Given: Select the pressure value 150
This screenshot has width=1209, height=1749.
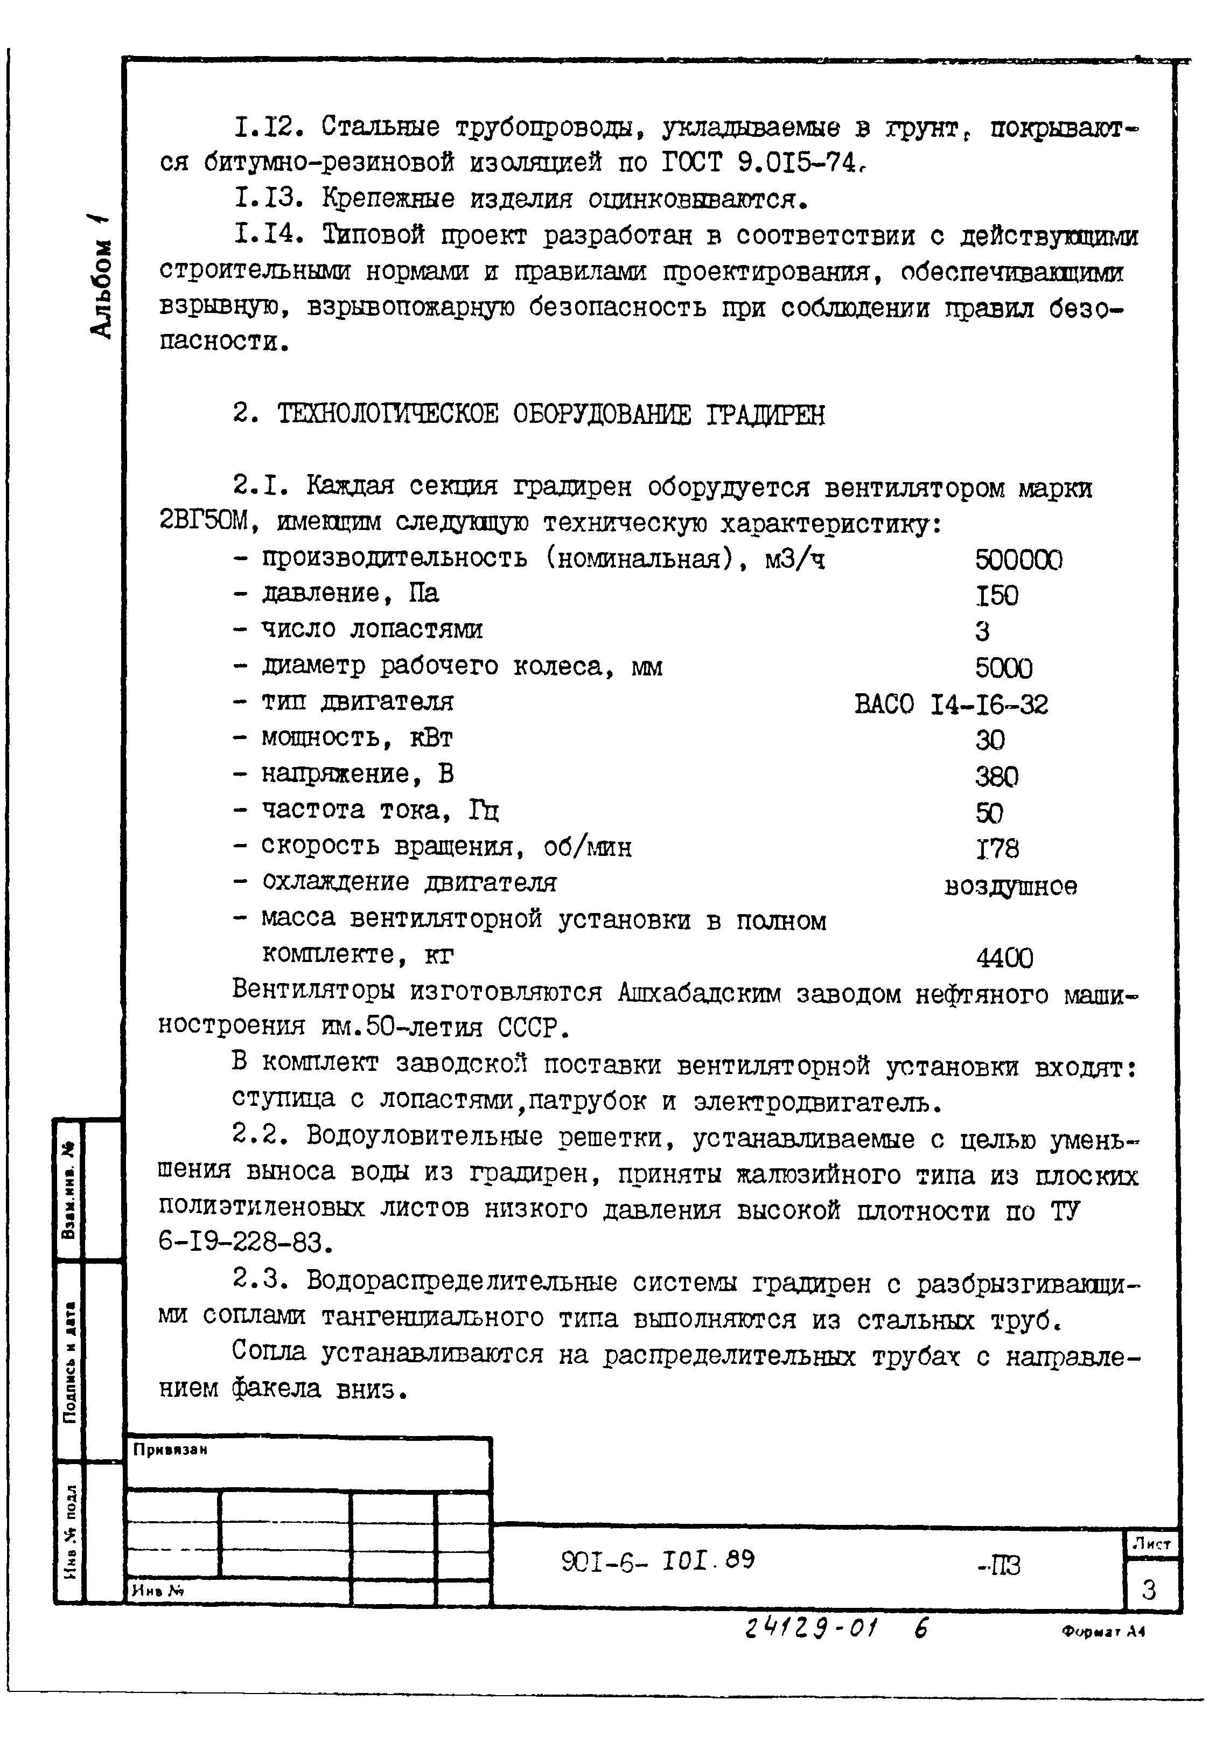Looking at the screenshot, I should click(x=997, y=595).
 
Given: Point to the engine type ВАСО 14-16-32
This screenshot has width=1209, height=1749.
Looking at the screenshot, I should click(x=951, y=705).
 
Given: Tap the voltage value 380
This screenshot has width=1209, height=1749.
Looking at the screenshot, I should click(x=997, y=776).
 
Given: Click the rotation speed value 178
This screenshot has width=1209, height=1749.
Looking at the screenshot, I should click(x=997, y=848).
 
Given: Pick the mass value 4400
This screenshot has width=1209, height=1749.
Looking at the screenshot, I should click(x=1004, y=958).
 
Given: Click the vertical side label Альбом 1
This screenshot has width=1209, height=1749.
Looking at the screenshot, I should click(x=102, y=276).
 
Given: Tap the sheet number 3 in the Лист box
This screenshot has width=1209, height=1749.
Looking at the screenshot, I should click(x=1149, y=1589).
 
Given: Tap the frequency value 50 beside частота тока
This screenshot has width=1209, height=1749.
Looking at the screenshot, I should click(x=989, y=813).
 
